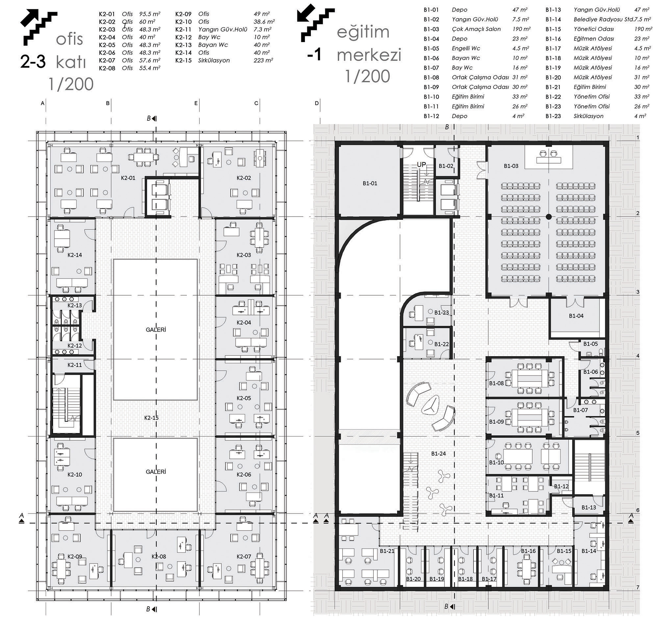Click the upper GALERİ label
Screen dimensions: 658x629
(156, 329)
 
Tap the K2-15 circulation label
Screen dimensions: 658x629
(151, 418)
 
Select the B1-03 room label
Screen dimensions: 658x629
(511, 166)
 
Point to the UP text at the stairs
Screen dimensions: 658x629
(421, 165)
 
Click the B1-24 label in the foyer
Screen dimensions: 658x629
(439, 454)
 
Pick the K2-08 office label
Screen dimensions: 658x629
(159, 557)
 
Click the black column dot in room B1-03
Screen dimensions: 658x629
(548, 217)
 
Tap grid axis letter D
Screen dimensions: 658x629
(317, 103)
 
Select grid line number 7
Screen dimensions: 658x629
(638, 588)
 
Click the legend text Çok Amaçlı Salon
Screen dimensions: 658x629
(476, 29)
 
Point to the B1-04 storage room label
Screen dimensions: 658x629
(576, 316)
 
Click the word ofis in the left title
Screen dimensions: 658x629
(69, 39)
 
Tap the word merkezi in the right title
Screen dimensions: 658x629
(369, 55)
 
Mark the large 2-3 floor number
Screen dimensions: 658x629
(33, 62)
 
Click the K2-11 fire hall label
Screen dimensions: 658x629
(74, 365)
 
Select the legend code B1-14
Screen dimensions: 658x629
(553, 19)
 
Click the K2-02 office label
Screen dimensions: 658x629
(244, 178)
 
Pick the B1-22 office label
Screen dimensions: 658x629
(442, 344)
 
